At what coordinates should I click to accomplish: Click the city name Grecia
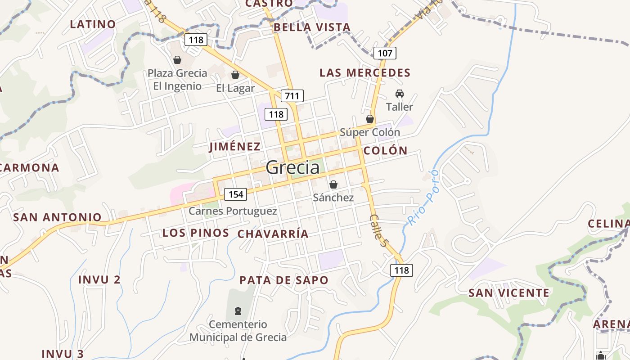point(292,168)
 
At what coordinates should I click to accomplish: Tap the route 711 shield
point(292,95)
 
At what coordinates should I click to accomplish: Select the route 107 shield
point(385,53)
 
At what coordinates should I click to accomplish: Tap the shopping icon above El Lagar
point(235,75)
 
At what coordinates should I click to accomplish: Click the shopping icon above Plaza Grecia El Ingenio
point(177,60)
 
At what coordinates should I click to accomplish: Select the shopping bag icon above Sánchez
point(333,184)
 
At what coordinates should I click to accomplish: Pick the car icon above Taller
point(399,94)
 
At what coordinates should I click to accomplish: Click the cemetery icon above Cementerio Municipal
point(238,310)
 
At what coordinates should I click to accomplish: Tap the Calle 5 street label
point(378,230)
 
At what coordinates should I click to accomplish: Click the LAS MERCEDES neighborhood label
point(365,73)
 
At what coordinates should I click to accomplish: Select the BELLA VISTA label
point(312,27)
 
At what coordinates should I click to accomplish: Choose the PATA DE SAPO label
point(284,280)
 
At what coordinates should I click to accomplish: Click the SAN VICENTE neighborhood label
point(509,293)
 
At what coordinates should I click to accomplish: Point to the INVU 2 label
point(99,279)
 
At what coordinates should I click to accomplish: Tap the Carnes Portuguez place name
point(233,211)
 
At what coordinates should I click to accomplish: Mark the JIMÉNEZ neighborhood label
point(235,146)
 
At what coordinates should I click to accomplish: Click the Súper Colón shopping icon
point(370,119)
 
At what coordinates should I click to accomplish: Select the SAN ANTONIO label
point(58,217)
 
